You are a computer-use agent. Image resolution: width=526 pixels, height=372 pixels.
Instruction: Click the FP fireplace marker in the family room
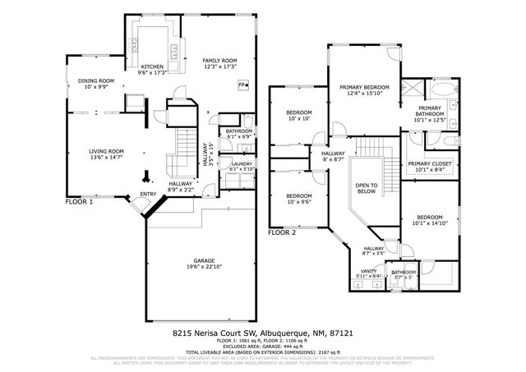pos(242,85)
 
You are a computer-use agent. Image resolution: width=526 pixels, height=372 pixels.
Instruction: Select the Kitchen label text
pos(153,67)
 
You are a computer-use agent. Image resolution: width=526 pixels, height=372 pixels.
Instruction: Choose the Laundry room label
pos(242,164)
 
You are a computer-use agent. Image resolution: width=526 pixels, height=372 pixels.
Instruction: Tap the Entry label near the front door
pos(148,194)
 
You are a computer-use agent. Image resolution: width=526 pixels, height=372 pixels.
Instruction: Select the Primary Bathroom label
pos(430,112)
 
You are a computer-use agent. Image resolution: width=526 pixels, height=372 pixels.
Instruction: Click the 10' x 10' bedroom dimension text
pos(298,118)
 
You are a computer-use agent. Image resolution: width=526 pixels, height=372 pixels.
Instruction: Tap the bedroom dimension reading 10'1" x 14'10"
pos(430,223)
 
